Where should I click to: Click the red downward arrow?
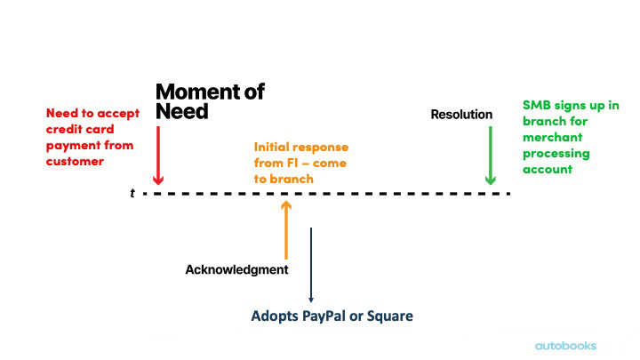(158, 156)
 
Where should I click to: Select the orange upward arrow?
(286, 230)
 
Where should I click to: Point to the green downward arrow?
(490, 156)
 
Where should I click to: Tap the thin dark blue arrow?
(311, 265)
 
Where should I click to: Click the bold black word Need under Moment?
(182, 111)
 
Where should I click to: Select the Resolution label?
(461, 115)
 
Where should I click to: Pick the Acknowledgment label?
(236, 270)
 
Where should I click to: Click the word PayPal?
(324, 316)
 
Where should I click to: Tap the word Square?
(390, 316)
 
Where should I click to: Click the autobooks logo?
(565, 346)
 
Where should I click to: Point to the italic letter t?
(132, 193)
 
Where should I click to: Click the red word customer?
(75, 161)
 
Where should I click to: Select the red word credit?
(61, 129)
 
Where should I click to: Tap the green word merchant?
(553, 137)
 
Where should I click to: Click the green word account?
(548, 170)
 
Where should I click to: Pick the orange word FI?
(292, 163)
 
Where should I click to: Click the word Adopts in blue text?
(275, 316)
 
